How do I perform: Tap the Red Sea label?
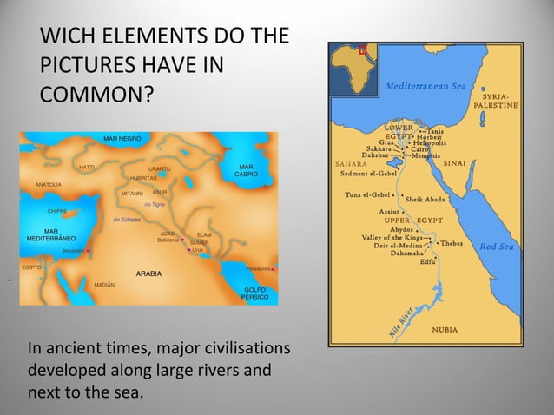tap(497, 247)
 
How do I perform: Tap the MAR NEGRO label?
tap(122, 139)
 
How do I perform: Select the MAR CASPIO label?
tap(247, 170)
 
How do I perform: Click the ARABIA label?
tap(148, 273)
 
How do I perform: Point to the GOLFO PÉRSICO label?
tap(254, 293)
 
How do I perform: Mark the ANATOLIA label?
tap(48, 185)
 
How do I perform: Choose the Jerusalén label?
tap(74, 250)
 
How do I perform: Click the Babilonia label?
tap(167, 239)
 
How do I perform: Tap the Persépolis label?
tap(259, 269)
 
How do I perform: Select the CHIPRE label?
tap(57, 211)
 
